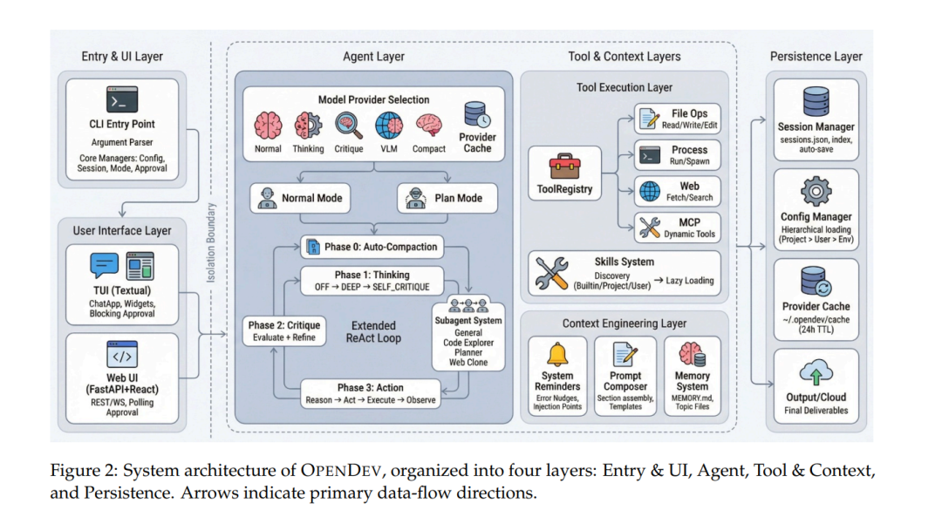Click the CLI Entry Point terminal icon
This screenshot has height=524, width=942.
(122, 100)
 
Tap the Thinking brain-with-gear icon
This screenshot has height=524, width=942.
(307, 125)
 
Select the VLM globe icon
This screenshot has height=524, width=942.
(387, 125)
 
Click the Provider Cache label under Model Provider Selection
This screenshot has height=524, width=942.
(476, 143)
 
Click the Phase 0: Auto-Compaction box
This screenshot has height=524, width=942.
(371, 247)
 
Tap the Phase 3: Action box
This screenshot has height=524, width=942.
(371, 393)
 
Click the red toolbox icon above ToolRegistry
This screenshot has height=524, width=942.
(564, 166)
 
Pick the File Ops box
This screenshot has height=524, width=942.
(678, 119)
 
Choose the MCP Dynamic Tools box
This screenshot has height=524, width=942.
(678, 228)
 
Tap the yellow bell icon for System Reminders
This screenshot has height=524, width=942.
(556, 355)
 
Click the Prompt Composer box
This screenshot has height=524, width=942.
(625, 379)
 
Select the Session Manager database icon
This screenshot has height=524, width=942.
(816, 102)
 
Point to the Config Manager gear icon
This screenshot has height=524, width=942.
(816, 190)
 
